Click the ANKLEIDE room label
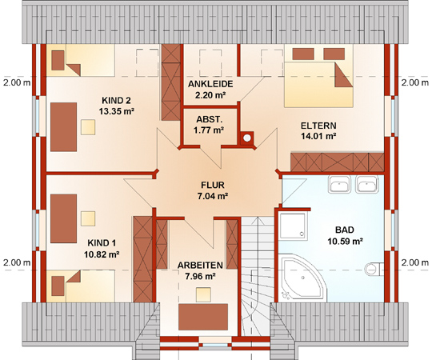point(210,84)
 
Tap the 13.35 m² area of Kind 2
point(117,111)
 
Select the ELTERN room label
point(318,126)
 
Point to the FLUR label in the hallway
point(213,185)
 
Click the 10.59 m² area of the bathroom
point(345,242)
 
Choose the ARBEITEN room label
point(200,266)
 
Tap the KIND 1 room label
point(102,243)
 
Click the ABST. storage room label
point(209,119)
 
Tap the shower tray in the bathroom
point(293,226)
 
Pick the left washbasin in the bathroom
point(339,184)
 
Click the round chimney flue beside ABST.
point(247,138)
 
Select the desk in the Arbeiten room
point(203,317)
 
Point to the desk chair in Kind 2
point(88,127)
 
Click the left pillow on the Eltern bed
point(303,54)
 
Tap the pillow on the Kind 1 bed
point(58,286)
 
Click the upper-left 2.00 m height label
point(17,82)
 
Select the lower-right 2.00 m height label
point(415,262)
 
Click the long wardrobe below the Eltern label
point(338,162)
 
